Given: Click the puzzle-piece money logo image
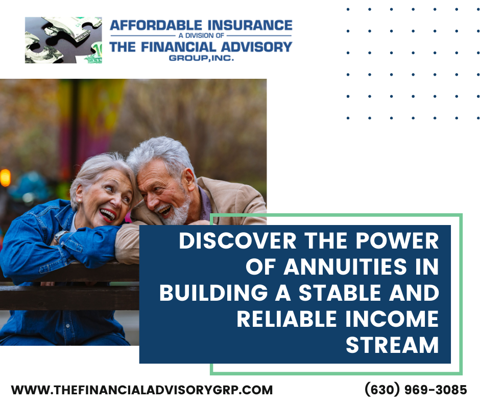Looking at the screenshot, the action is coord(63,40).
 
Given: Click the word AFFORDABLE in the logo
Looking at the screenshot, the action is coord(156,25).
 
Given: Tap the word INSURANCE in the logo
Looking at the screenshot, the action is coord(250,25).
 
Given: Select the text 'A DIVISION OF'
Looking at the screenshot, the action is coord(201,36).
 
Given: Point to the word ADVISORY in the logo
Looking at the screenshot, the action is coord(256,47).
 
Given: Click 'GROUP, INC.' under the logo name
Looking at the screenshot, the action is coord(201,58).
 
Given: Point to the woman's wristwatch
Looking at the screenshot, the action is coord(60,236).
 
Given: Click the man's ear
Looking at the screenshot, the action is coord(190,177).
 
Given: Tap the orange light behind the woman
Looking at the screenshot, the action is coord(5,177).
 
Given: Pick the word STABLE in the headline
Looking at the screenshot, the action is coord(340,293).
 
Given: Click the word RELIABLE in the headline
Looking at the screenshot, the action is coord(287,319).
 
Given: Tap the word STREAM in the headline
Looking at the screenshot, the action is coord(392,345).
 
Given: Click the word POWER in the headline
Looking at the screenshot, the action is coord(397,241).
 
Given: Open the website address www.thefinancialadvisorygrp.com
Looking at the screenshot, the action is coord(142,390).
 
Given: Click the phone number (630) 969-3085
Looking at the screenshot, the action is coord(416,390).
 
